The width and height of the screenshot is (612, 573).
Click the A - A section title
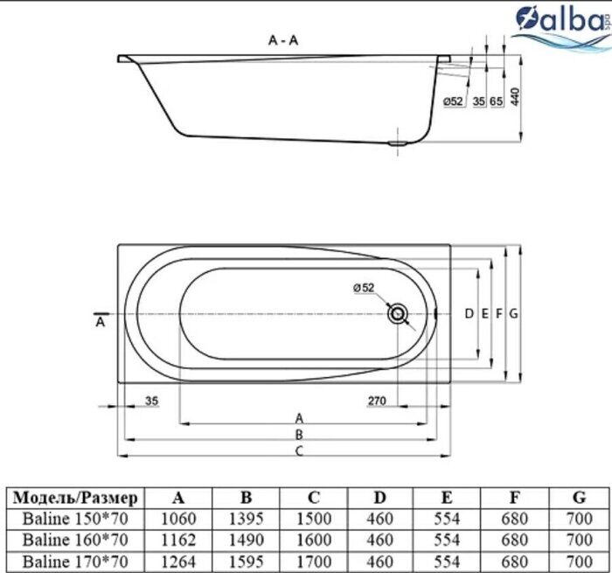(x=285, y=39)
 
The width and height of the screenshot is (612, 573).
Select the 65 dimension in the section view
(x=496, y=101)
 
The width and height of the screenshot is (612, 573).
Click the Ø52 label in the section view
(x=453, y=101)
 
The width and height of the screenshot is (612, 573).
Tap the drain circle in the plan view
(x=399, y=313)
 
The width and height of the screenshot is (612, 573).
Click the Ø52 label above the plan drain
(x=364, y=288)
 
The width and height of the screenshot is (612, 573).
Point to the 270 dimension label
(x=376, y=402)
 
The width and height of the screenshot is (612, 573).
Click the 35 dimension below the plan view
(x=150, y=402)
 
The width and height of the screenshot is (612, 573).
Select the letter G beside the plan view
(x=514, y=313)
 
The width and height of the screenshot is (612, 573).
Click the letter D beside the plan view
(x=469, y=313)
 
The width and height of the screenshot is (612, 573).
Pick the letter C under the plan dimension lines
(x=298, y=451)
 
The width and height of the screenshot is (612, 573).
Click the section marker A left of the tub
(x=101, y=322)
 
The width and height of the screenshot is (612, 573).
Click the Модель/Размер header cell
(x=76, y=498)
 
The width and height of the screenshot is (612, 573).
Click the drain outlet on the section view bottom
(x=400, y=143)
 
